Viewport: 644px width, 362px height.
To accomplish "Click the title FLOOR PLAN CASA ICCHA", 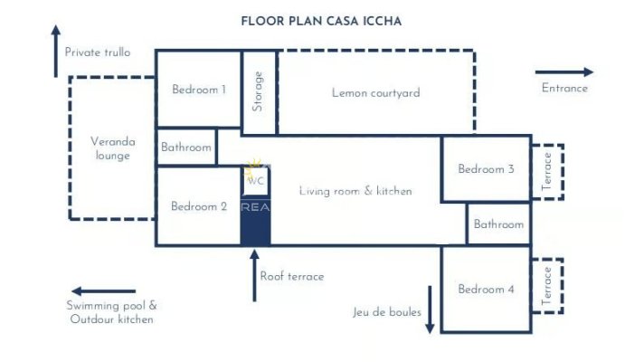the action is tap(321, 22).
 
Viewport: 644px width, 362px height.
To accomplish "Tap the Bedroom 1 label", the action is tap(199, 90).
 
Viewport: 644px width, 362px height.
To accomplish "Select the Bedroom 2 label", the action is tap(199, 206).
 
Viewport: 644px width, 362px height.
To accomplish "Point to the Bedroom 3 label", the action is tap(487, 169).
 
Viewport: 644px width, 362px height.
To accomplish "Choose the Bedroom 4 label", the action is tap(487, 290).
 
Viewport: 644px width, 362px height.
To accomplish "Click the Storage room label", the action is tap(258, 91).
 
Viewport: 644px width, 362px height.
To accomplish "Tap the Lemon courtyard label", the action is tap(375, 93).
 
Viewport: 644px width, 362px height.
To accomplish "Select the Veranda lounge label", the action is tap(112, 148).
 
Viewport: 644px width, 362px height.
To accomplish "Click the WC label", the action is tap(255, 181).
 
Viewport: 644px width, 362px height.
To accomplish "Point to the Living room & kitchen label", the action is tap(355, 191).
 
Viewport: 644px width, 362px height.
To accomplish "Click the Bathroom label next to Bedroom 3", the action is tap(498, 224).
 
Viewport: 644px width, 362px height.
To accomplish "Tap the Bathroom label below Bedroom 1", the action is tap(186, 148).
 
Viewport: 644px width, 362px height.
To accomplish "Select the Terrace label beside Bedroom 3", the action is tap(546, 171).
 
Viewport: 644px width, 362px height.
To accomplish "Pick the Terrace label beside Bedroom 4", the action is tap(546, 286).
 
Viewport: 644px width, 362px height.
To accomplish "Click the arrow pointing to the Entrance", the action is tap(564, 72).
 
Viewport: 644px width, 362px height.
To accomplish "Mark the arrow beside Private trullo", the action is tap(56, 51).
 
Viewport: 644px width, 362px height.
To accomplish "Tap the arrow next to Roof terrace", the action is tap(255, 275).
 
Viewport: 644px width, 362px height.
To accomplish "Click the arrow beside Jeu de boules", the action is tap(430, 310).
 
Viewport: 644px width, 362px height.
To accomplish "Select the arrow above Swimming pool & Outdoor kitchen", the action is tap(103, 291).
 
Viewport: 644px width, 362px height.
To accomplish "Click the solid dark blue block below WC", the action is tap(255, 228).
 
